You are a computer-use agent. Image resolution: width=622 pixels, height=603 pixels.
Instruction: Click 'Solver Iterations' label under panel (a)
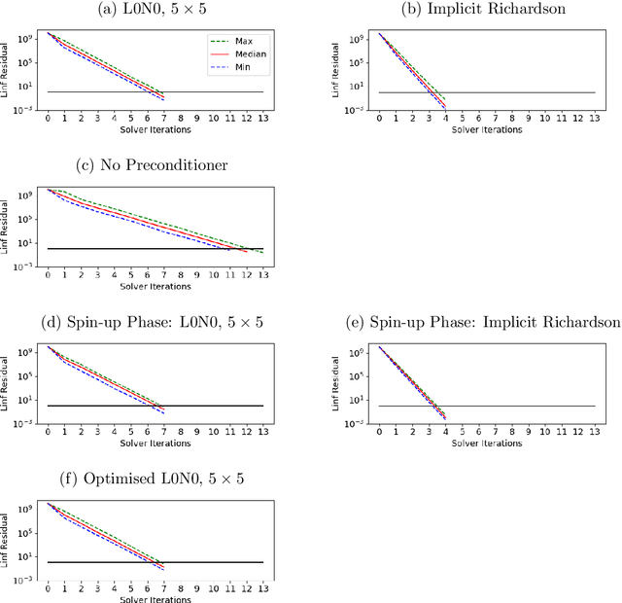click(x=155, y=129)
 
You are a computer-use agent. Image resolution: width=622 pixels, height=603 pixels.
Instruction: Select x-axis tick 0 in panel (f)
click(x=48, y=589)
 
